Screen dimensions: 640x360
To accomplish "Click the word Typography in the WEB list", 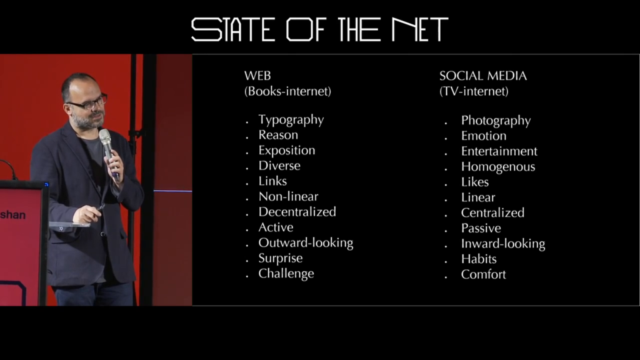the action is [291, 120].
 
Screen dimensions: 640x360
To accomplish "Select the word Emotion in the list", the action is [484, 136].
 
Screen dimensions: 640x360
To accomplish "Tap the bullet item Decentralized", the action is [297, 212].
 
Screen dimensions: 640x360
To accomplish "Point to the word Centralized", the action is [492, 212].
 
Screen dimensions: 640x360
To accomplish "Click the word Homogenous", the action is [498, 167].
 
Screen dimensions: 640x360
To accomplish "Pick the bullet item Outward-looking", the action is [306, 243].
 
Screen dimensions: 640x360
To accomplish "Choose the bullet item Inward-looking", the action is [503, 244].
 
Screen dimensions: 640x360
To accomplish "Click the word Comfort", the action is [483, 274].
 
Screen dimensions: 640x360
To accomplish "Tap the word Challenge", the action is [286, 274].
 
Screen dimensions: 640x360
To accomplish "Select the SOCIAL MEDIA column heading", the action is [483, 76].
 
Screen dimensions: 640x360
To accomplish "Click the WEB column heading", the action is [257, 76].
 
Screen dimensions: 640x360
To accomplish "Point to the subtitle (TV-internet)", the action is [474, 91].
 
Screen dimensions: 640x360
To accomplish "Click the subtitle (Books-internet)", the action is [287, 91].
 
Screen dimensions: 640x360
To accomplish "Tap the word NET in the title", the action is [419, 29].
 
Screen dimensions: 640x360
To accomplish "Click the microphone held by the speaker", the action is [109, 153].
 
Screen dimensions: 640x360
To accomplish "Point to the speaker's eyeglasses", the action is [87, 102].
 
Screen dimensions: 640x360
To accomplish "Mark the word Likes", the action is [475, 182].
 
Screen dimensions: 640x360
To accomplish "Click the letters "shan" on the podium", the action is [12, 215].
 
